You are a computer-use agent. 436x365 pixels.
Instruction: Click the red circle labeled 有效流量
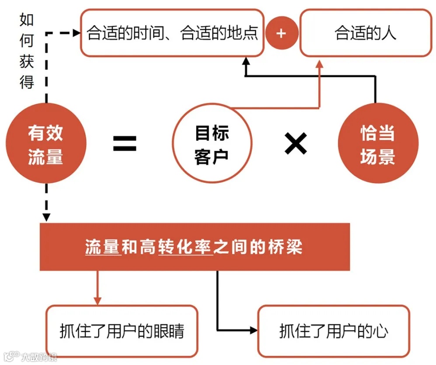pos(46,143)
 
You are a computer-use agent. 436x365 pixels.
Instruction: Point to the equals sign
pos(125,143)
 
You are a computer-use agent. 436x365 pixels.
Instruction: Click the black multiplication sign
pos(296,144)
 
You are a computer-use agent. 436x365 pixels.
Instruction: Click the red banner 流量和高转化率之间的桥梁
pos(195,247)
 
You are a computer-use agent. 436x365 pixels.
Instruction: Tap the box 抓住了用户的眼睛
pos(122,331)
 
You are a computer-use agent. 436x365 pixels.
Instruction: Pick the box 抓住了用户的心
pos(334,331)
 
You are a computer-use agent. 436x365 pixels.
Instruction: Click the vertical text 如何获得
pos(27,51)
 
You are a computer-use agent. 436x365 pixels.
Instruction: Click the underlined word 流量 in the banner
pos(102,248)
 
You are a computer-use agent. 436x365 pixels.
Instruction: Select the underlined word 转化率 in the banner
pos(186,248)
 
